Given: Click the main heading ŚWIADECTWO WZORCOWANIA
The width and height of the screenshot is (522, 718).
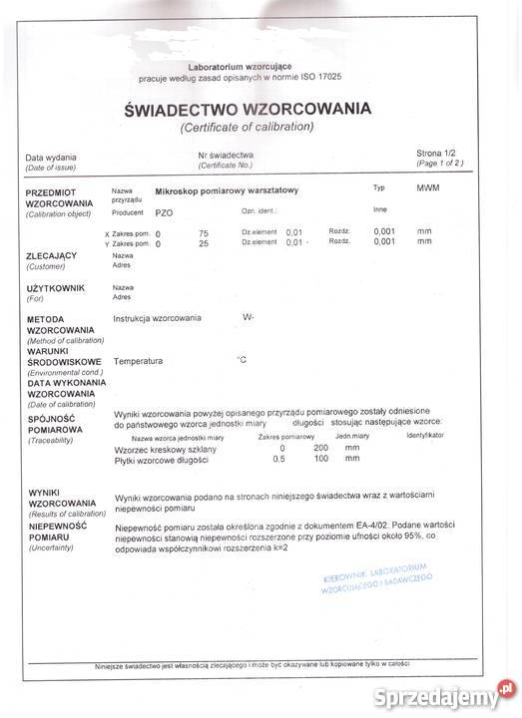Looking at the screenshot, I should tap(247, 109).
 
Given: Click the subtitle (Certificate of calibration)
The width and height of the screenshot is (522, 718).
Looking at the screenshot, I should tap(247, 128).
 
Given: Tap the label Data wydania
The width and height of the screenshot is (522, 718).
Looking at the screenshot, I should tap(50, 158).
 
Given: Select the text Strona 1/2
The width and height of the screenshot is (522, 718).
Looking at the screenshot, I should tap(437, 154).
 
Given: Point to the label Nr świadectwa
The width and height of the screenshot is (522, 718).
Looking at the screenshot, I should tap(226, 155).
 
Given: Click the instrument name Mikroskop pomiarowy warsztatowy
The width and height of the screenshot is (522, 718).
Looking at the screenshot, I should tap(234, 189).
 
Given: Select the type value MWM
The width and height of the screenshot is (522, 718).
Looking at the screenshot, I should tap(428, 187).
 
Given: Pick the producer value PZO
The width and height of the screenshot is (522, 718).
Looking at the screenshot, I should tap(165, 212).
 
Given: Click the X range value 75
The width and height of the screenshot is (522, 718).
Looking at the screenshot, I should tap(204, 232).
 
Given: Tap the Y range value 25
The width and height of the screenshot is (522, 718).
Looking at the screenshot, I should tap(204, 242).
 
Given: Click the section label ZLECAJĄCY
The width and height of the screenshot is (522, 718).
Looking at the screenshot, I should tap(51, 256).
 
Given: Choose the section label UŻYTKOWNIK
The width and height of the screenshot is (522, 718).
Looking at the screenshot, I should tap(55, 288).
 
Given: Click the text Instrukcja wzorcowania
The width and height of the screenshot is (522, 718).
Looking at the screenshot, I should tap(158, 318).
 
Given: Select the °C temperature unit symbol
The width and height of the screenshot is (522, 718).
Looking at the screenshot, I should tap(241, 358).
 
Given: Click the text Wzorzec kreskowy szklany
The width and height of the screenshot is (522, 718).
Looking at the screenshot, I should tap(166, 449).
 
